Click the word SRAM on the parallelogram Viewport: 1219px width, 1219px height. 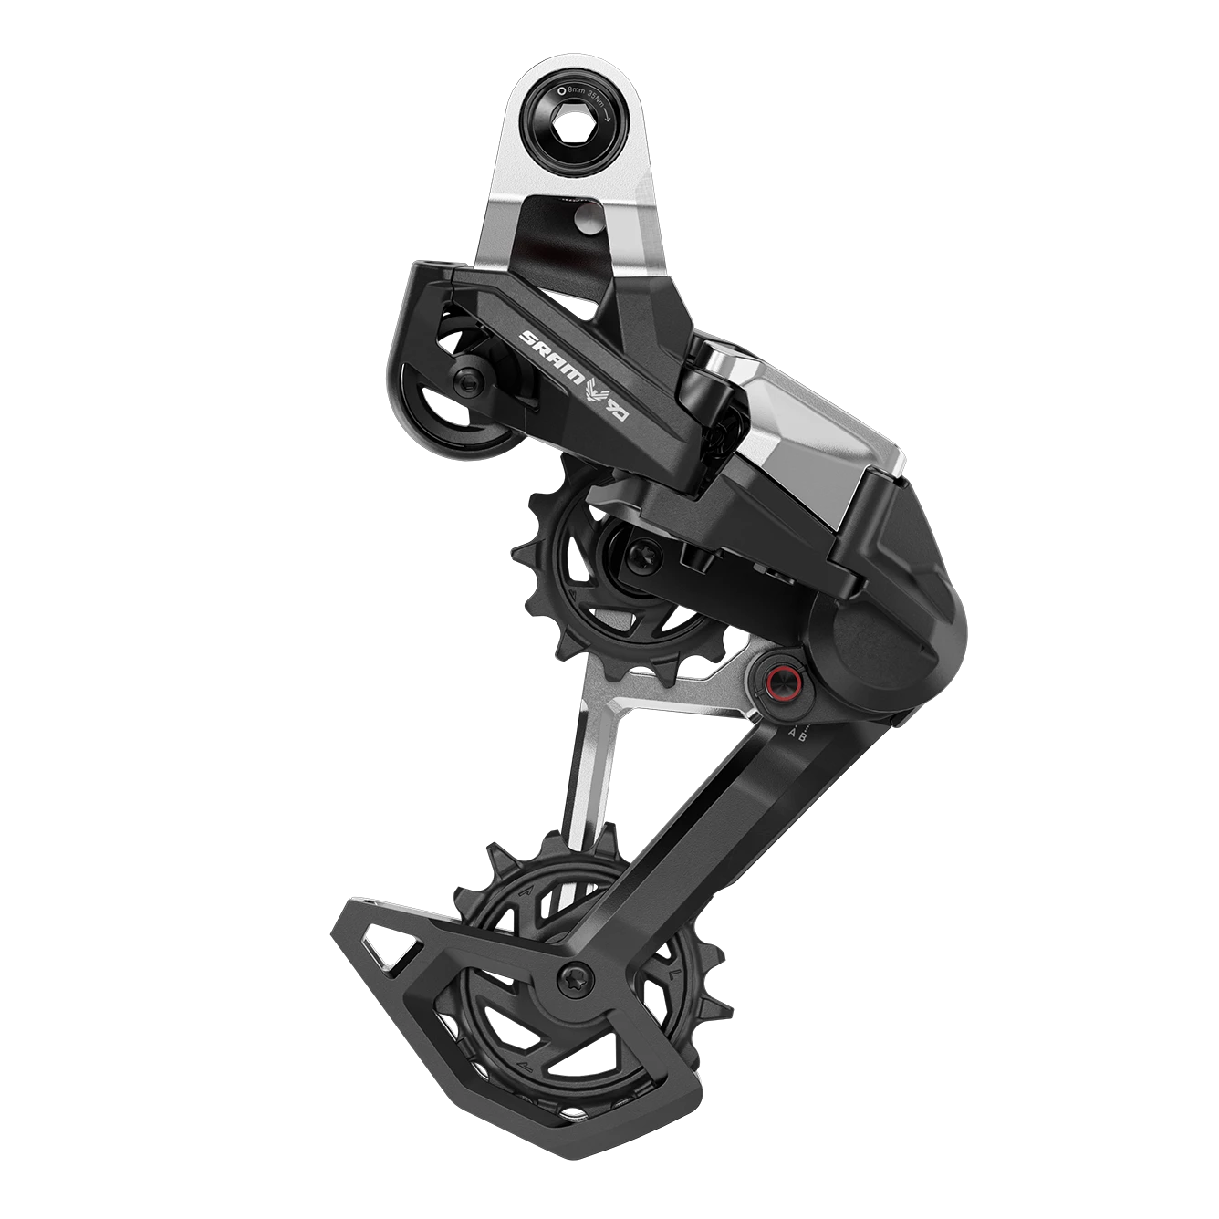coord(543,348)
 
